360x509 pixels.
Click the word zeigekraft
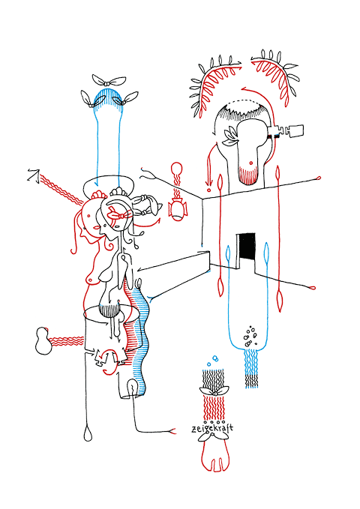[212, 429]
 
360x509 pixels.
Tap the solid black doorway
[247, 247]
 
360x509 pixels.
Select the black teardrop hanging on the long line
[88, 434]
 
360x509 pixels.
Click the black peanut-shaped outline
[43, 341]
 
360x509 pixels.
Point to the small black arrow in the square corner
[34, 175]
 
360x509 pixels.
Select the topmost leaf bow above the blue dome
[109, 80]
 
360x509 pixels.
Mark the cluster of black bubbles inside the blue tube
[250, 335]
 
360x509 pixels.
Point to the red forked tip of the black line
[172, 431]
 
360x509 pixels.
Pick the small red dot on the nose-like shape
[250, 163]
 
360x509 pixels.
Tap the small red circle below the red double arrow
[208, 190]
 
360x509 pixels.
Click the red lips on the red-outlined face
[97, 227]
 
